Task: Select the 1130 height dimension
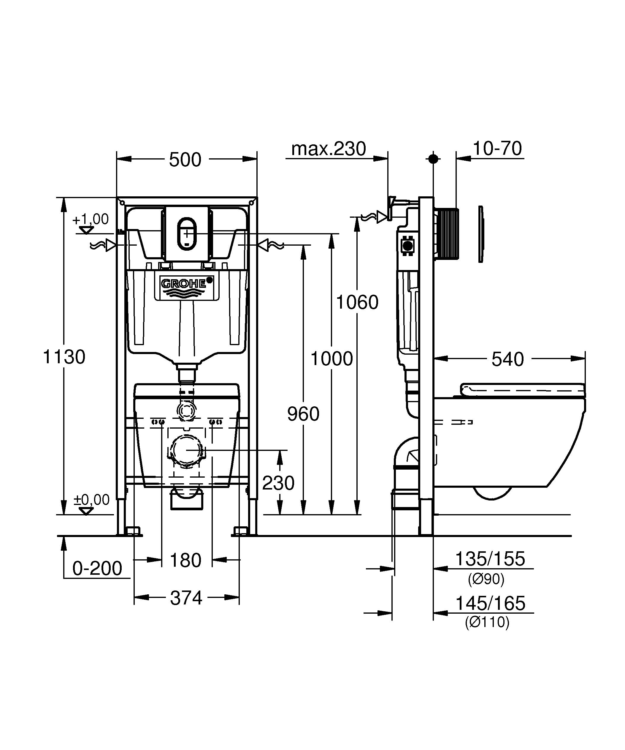click(x=64, y=357)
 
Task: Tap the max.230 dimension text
click(x=329, y=149)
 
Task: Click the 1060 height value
click(x=357, y=302)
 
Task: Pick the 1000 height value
click(x=332, y=359)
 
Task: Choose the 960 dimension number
click(x=303, y=414)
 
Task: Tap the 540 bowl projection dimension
click(x=508, y=359)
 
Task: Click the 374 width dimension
click(x=186, y=598)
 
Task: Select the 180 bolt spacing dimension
click(x=186, y=560)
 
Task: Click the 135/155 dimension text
click(x=490, y=559)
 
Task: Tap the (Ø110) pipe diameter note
click(x=487, y=623)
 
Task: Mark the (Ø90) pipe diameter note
click(x=486, y=579)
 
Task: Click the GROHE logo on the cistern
click(x=183, y=284)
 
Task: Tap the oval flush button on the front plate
click(x=187, y=233)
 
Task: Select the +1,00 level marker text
click(x=91, y=219)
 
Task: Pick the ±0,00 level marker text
click(x=91, y=500)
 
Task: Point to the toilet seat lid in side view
click(x=522, y=389)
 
